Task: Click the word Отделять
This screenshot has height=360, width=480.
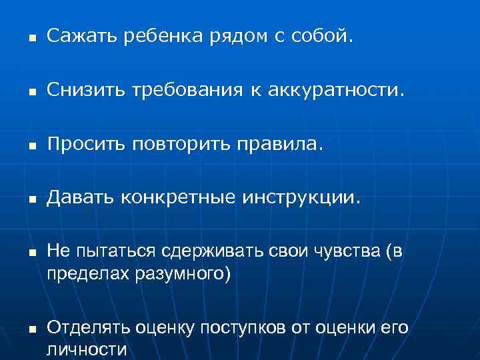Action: coord(88,329)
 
